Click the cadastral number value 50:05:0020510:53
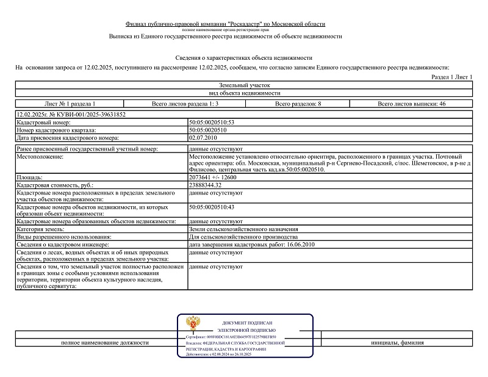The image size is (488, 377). [x=212, y=123]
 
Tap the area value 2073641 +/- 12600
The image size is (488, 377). [x=213, y=177]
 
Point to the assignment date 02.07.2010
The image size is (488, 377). [x=203, y=137]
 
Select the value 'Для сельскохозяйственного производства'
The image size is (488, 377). [x=243, y=236]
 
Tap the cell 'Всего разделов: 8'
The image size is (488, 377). [x=298, y=104]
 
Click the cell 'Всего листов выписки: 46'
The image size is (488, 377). [x=412, y=104]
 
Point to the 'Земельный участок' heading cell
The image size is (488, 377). [x=244, y=85]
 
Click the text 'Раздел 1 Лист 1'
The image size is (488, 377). [x=452, y=77]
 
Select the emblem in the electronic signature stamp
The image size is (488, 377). [x=195, y=324]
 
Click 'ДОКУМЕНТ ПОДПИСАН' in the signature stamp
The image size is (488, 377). [x=247, y=323]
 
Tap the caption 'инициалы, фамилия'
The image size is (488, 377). [x=397, y=343]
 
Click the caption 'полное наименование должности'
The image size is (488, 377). [x=105, y=343]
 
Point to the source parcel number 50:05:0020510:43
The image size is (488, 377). [x=212, y=207]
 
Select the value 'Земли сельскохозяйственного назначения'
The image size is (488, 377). [x=243, y=229]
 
